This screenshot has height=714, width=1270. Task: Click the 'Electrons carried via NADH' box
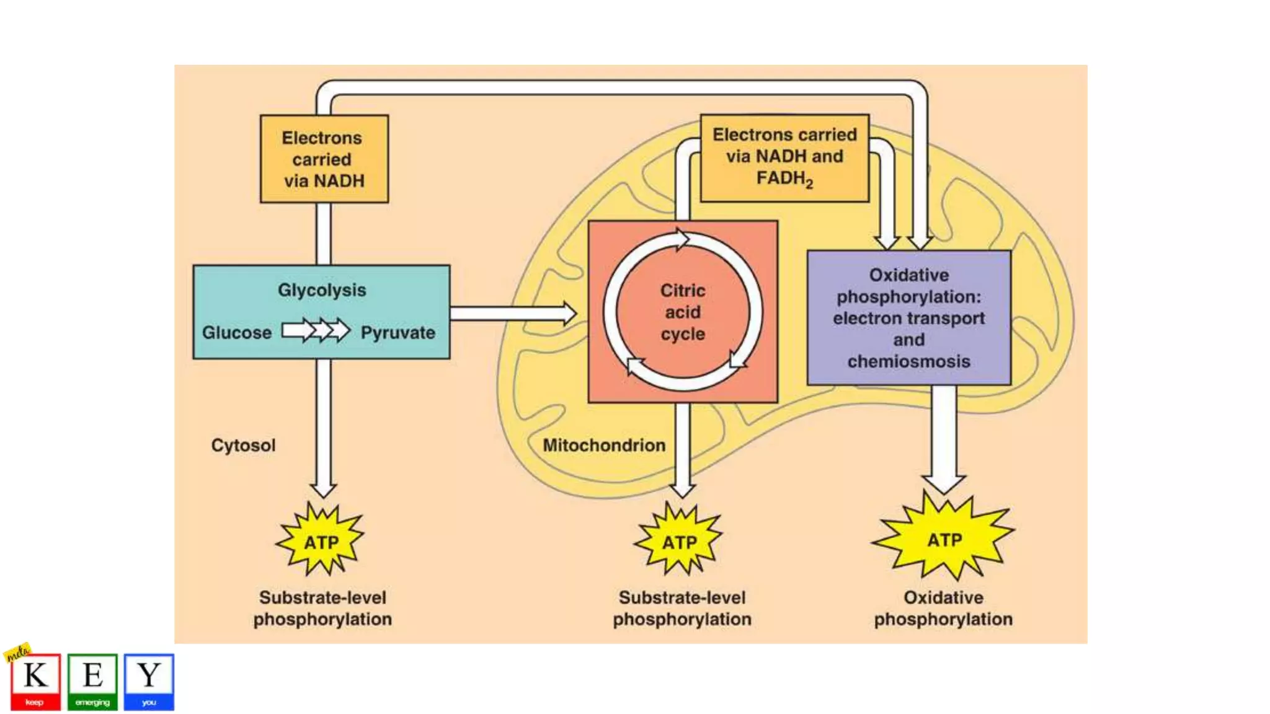pos(324,159)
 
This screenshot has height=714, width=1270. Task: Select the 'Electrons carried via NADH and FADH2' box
pos(784,157)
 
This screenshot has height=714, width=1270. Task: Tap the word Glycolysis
pos(322,290)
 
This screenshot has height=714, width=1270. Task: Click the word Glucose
pos(237,333)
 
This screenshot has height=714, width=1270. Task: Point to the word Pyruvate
pos(398,333)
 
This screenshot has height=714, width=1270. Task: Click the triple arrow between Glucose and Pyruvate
pos(316,330)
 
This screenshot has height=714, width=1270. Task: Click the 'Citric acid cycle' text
pos(683,312)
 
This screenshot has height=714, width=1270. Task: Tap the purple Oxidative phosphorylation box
pos(908,317)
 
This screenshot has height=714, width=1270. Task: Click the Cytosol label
pos(243,445)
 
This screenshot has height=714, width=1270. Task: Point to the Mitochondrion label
pos(604,445)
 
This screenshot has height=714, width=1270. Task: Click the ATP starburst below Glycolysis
pos(321,541)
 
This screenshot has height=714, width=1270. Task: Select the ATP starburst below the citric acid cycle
pos(680,541)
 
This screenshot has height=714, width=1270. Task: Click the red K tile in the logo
pos(35,681)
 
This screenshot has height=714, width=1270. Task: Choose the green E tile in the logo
pos(92,681)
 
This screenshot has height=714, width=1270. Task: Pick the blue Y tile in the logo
pos(149,681)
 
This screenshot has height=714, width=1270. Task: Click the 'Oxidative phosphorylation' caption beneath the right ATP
pos(943,608)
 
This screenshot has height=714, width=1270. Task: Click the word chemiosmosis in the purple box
pos(908,361)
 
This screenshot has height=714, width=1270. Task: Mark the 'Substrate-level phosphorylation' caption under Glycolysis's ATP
pos(322,608)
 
